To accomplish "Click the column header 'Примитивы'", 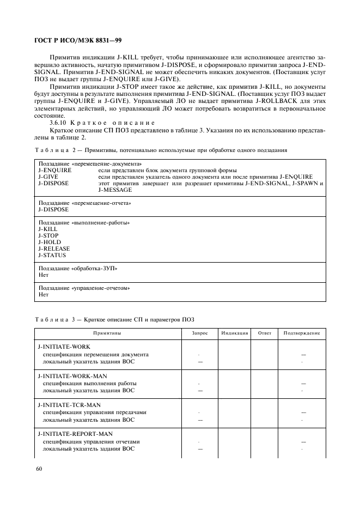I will click(x=107, y=333).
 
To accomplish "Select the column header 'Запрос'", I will click(x=200, y=333).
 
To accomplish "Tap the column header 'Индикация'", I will click(x=235, y=333).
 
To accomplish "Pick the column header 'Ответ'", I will click(x=264, y=333).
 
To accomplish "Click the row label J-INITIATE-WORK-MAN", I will click(x=72, y=376).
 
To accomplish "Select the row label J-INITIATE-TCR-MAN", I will click(x=69, y=405).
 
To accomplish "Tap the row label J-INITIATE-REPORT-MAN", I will click(x=75, y=434).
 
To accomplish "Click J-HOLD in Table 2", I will click(x=50, y=242).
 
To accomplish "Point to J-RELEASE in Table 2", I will click(x=54, y=249).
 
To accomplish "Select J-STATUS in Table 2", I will click(x=52, y=256).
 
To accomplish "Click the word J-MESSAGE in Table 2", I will click(x=115, y=190).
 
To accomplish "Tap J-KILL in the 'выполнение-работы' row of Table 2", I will click(x=48, y=229).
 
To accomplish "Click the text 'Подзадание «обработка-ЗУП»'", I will click(x=77, y=269).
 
